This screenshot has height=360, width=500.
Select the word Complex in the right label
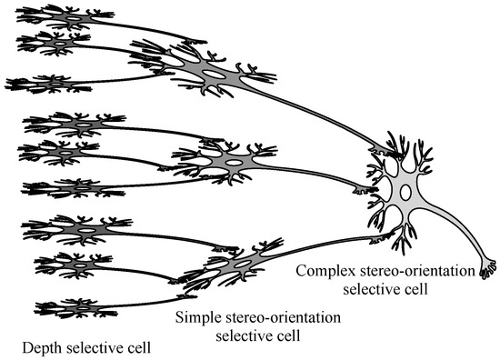[324, 272]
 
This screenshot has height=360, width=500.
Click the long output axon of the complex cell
[455, 236]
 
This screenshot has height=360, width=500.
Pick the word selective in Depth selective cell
[88, 346]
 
